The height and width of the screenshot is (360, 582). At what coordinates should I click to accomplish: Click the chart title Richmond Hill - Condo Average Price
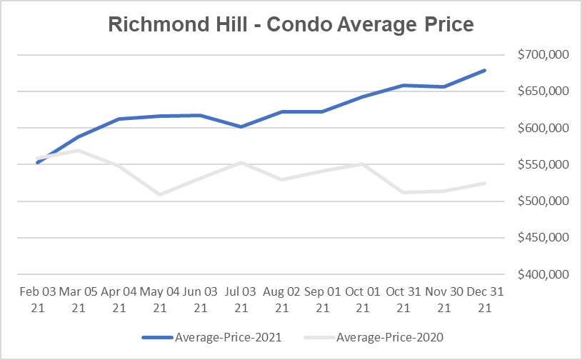pyautogui.click(x=291, y=24)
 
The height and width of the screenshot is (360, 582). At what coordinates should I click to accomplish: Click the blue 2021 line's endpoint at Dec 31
pyautogui.click(x=485, y=70)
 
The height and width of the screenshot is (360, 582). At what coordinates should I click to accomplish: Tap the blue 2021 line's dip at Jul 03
pyautogui.click(x=241, y=126)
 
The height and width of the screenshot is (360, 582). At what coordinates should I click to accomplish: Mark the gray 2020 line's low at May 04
pyautogui.click(x=159, y=194)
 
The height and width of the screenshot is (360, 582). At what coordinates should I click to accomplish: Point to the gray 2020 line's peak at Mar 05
pyautogui.click(x=78, y=151)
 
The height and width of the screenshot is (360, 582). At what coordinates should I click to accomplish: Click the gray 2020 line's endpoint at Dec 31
pyautogui.click(x=485, y=184)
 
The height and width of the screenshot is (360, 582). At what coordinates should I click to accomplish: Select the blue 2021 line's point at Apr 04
pyautogui.click(x=119, y=119)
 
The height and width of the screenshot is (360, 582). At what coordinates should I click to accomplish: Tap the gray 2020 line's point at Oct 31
pyautogui.click(x=403, y=192)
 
